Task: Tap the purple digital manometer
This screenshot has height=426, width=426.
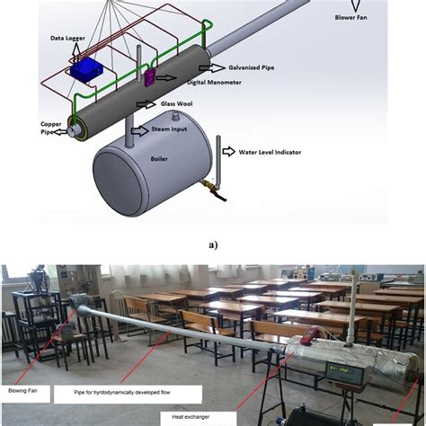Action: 149,77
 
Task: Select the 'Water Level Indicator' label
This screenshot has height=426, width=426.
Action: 270,152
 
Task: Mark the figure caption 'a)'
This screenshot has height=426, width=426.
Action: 212,243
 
